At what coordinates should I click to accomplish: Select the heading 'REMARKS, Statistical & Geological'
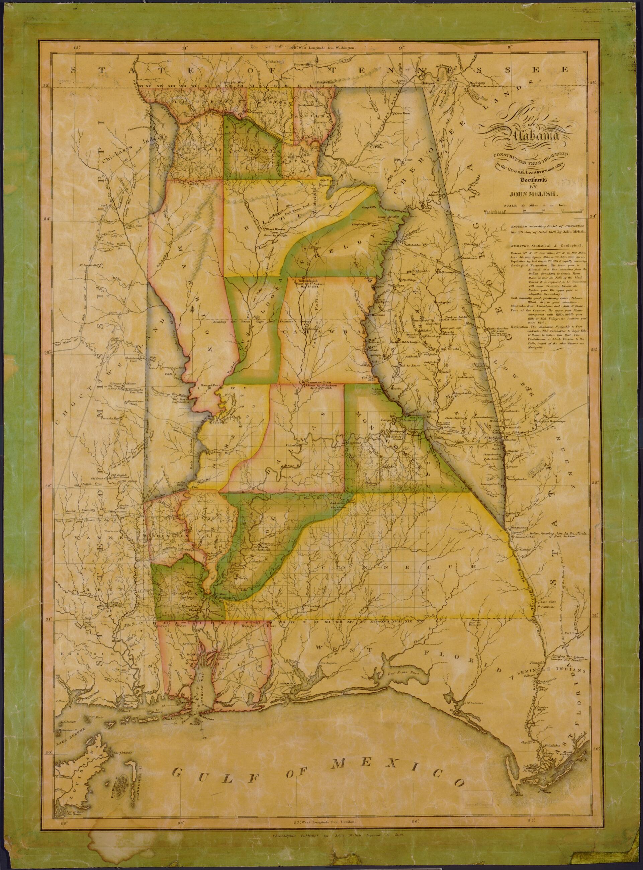pyautogui.click(x=544, y=246)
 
